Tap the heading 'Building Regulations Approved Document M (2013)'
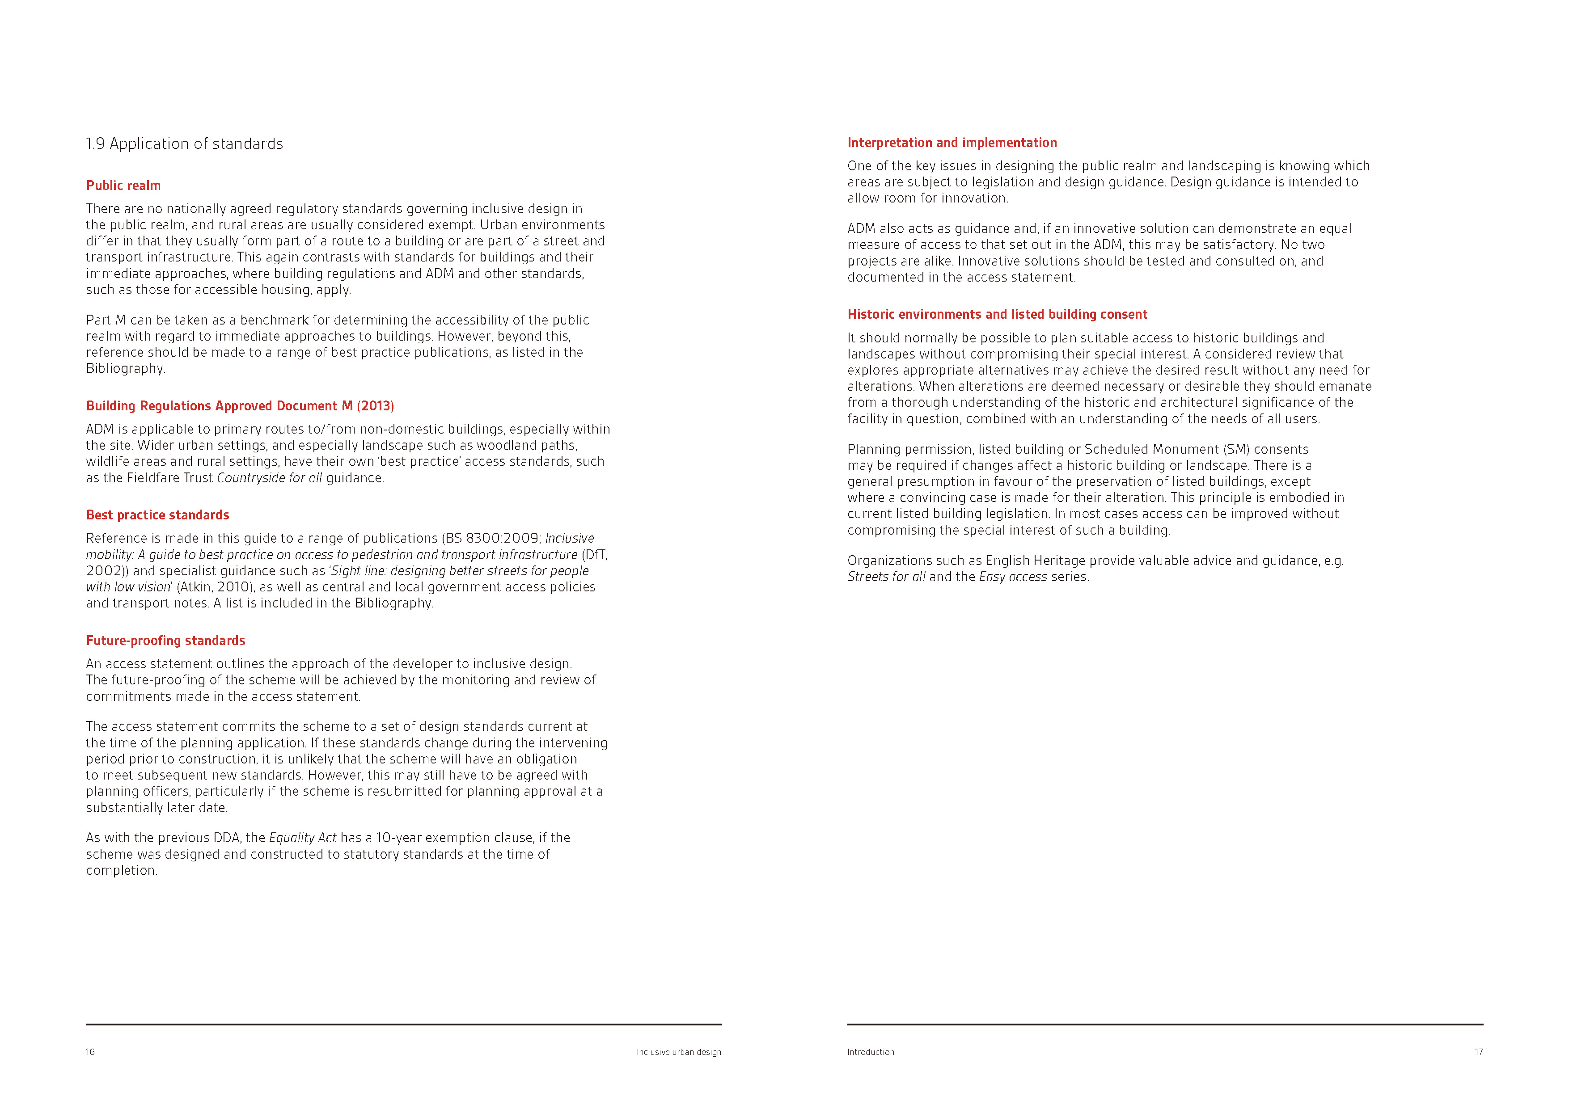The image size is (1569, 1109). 240,406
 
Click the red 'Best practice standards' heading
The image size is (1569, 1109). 157,514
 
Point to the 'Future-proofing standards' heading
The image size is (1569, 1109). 165,640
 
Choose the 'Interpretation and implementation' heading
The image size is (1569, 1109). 952,142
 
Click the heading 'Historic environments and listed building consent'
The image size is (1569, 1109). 997,314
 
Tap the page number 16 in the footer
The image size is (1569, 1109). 90,1052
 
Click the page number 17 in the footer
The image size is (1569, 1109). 1478,1052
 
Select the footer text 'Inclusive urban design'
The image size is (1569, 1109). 679,1052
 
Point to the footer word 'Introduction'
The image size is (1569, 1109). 871,1052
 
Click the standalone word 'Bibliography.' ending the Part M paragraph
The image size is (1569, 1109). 126,368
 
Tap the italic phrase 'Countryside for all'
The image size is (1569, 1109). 269,478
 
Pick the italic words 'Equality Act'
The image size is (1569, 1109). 303,838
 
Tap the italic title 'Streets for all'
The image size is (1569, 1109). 886,577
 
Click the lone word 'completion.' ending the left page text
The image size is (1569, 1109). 122,871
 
